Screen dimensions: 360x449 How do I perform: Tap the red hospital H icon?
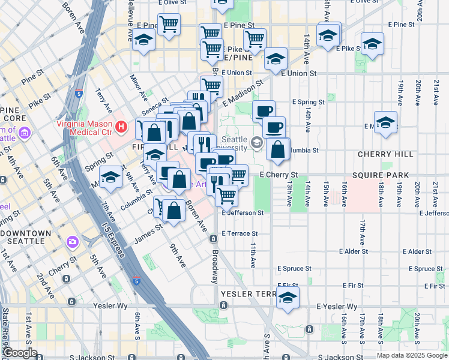click(122, 127)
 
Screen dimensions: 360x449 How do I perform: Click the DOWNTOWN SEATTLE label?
click(26, 236)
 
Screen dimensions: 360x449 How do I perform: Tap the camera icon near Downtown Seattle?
click(73, 242)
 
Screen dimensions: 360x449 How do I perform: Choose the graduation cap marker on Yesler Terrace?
click(288, 298)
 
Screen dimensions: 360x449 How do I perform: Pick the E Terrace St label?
click(240, 233)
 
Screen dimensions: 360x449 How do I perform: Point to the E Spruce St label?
click(294, 269)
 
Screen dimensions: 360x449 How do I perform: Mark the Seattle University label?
click(235, 143)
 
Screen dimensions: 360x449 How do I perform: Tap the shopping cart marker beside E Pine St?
click(169, 25)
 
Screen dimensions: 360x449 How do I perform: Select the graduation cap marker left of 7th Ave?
click(110, 178)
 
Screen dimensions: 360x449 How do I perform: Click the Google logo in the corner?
click(20, 353)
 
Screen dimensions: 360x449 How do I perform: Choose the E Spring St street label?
click(309, 103)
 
